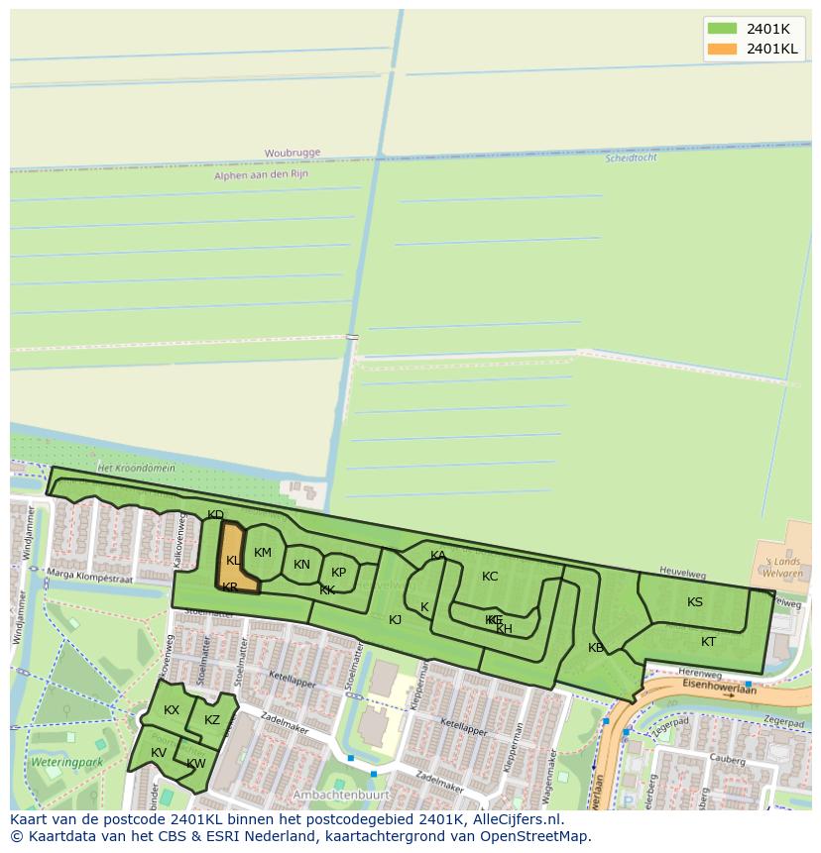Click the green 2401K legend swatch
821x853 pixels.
point(722,29)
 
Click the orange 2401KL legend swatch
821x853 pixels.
point(722,49)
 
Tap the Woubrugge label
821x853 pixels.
point(293,153)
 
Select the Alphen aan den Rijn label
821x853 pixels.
point(261,174)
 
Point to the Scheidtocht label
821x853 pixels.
point(631,158)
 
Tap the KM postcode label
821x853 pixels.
point(263,553)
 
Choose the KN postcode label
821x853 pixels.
point(302,565)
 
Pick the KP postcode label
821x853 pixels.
point(339,572)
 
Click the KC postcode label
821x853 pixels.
point(490,577)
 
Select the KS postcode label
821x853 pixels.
point(695,601)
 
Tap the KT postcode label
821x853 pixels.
point(708,642)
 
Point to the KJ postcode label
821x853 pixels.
point(395,619)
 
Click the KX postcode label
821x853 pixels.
point(172,709)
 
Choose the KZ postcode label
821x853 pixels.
point(211,720)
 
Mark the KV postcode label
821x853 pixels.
point(159,753)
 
